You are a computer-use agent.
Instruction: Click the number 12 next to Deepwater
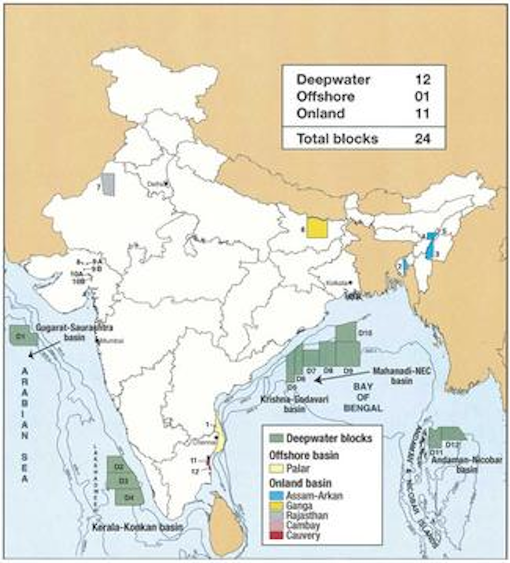423,79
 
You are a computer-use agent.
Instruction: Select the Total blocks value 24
423,138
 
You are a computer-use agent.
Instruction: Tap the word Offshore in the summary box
325,97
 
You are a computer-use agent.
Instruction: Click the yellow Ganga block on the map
317,229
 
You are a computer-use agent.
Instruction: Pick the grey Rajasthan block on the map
108,184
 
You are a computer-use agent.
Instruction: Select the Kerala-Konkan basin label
137,527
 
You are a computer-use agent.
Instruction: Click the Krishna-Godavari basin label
295,404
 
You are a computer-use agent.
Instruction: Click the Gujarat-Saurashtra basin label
74,332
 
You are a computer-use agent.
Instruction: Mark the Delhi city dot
165,184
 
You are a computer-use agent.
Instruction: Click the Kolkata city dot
350,282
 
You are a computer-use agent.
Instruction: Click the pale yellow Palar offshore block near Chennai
220,439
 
